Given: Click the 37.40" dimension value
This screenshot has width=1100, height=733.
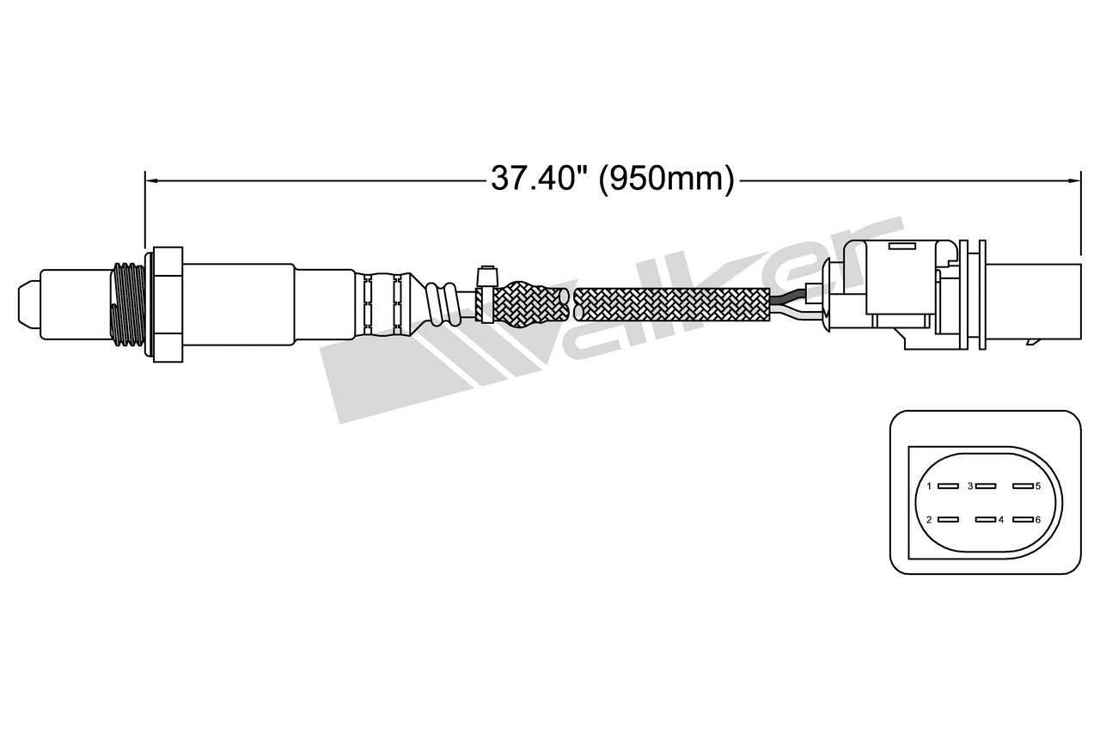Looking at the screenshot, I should click(539, 178).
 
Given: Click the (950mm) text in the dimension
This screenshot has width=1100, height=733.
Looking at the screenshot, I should click(666, 178).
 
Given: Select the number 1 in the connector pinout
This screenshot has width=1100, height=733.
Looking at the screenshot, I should click(928, 486).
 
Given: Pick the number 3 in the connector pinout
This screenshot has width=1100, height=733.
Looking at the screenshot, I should click(970, 486).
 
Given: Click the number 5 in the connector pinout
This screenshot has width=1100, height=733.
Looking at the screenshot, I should click(1038, 486).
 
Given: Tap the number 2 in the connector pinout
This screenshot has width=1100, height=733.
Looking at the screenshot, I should click(928, 520).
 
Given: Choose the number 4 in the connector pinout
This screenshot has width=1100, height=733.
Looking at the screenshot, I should click(1001, 520).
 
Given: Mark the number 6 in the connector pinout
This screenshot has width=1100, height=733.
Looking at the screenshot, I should click(1038, 520).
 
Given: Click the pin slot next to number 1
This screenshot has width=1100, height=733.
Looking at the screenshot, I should click(947, 486).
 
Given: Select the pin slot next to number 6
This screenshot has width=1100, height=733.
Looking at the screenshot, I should click(1021, 520).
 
